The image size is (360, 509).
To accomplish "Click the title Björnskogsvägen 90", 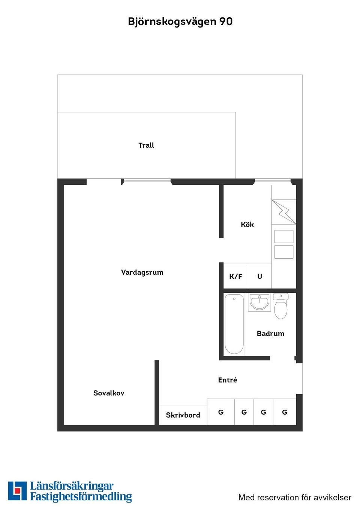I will (180, 21).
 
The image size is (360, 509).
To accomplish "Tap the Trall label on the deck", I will (146, 145).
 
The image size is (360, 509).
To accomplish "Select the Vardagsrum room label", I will (142, 272).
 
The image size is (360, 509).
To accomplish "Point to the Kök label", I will (247, 225).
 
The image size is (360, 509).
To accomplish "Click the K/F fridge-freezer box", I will (235, 276).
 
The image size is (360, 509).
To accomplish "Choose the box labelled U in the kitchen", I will (259, 276).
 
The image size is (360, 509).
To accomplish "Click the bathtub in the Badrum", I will (234, 324).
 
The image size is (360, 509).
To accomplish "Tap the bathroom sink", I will (259, 302).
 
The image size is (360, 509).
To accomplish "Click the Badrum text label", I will (270, 334).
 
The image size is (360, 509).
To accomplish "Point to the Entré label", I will (228, 380).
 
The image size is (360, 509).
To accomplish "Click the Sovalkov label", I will (109, 393).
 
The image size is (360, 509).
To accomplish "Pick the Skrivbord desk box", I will (183, 415).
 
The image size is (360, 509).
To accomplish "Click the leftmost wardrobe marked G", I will (221, 412).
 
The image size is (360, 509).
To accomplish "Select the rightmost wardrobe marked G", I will (285, 412).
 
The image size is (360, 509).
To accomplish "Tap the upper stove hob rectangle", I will (284, 237).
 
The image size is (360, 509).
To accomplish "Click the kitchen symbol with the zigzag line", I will (284, 212).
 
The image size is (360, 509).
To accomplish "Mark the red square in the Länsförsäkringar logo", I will (17, 491).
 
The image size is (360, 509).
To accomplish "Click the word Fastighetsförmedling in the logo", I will (81, 497).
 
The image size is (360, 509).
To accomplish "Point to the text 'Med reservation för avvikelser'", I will (295, 497).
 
